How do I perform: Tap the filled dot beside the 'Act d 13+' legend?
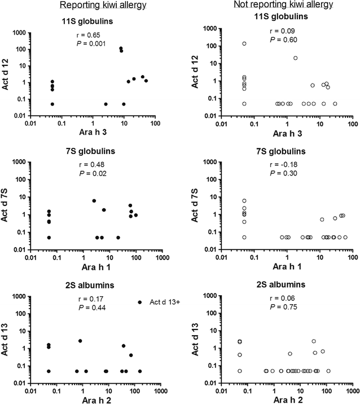[x=139, y=302]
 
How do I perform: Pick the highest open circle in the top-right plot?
[x=244, y=43]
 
